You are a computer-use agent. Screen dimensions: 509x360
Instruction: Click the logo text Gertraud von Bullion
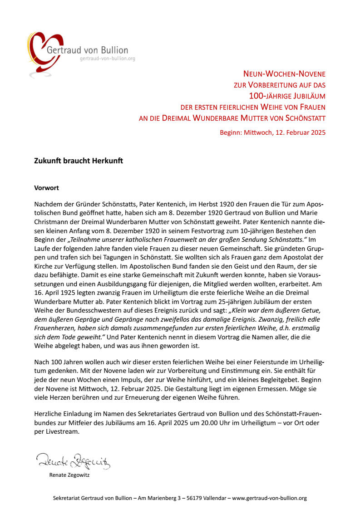pyautogui.click(x=87, y=50)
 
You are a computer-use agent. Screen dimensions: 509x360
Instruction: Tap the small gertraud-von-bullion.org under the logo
pyautogui.click(x=107, y=59)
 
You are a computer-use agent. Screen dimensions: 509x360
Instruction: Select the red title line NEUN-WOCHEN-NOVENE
pyautogui.click(x=284, y=73)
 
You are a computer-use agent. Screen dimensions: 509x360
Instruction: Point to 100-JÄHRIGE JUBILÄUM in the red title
pyautogui.click(x=287, y=96)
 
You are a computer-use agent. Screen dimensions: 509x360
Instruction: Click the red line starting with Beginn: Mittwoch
pyautogui.click(x=272, y=132)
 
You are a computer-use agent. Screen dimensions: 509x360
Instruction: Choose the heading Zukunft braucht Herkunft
pyautogui.click(x=79, y=161)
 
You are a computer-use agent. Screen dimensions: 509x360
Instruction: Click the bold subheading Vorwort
pyautogui.click(x=47, y=187)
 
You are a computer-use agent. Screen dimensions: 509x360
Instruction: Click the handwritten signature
pyautogui.click(x=73, y=461)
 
